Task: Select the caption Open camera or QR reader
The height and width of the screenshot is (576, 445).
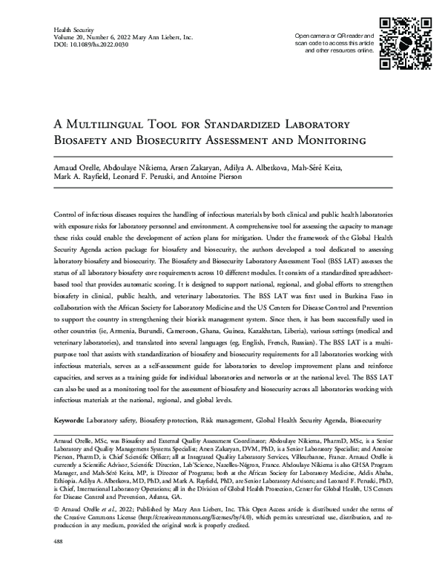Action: coord(332,36)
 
